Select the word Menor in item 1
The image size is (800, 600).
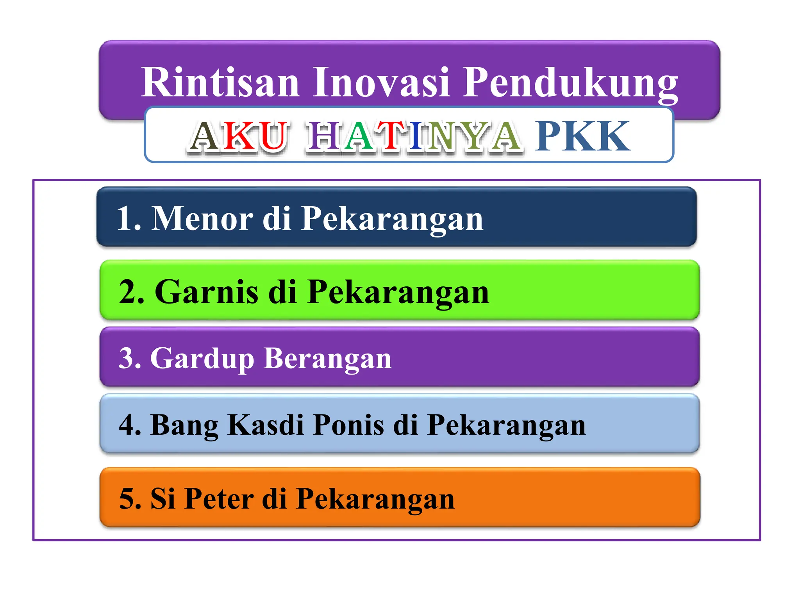(x=202, y=219)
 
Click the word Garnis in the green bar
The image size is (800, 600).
(x=206, y=292)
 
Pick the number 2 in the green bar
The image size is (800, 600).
(x=129, y=292)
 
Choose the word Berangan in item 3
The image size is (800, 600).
(x=327, y=359)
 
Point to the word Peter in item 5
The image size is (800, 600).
(x=219, y=499)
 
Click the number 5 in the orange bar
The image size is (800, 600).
(x=129, y=499)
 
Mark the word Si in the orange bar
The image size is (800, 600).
(x=162, y=499)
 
